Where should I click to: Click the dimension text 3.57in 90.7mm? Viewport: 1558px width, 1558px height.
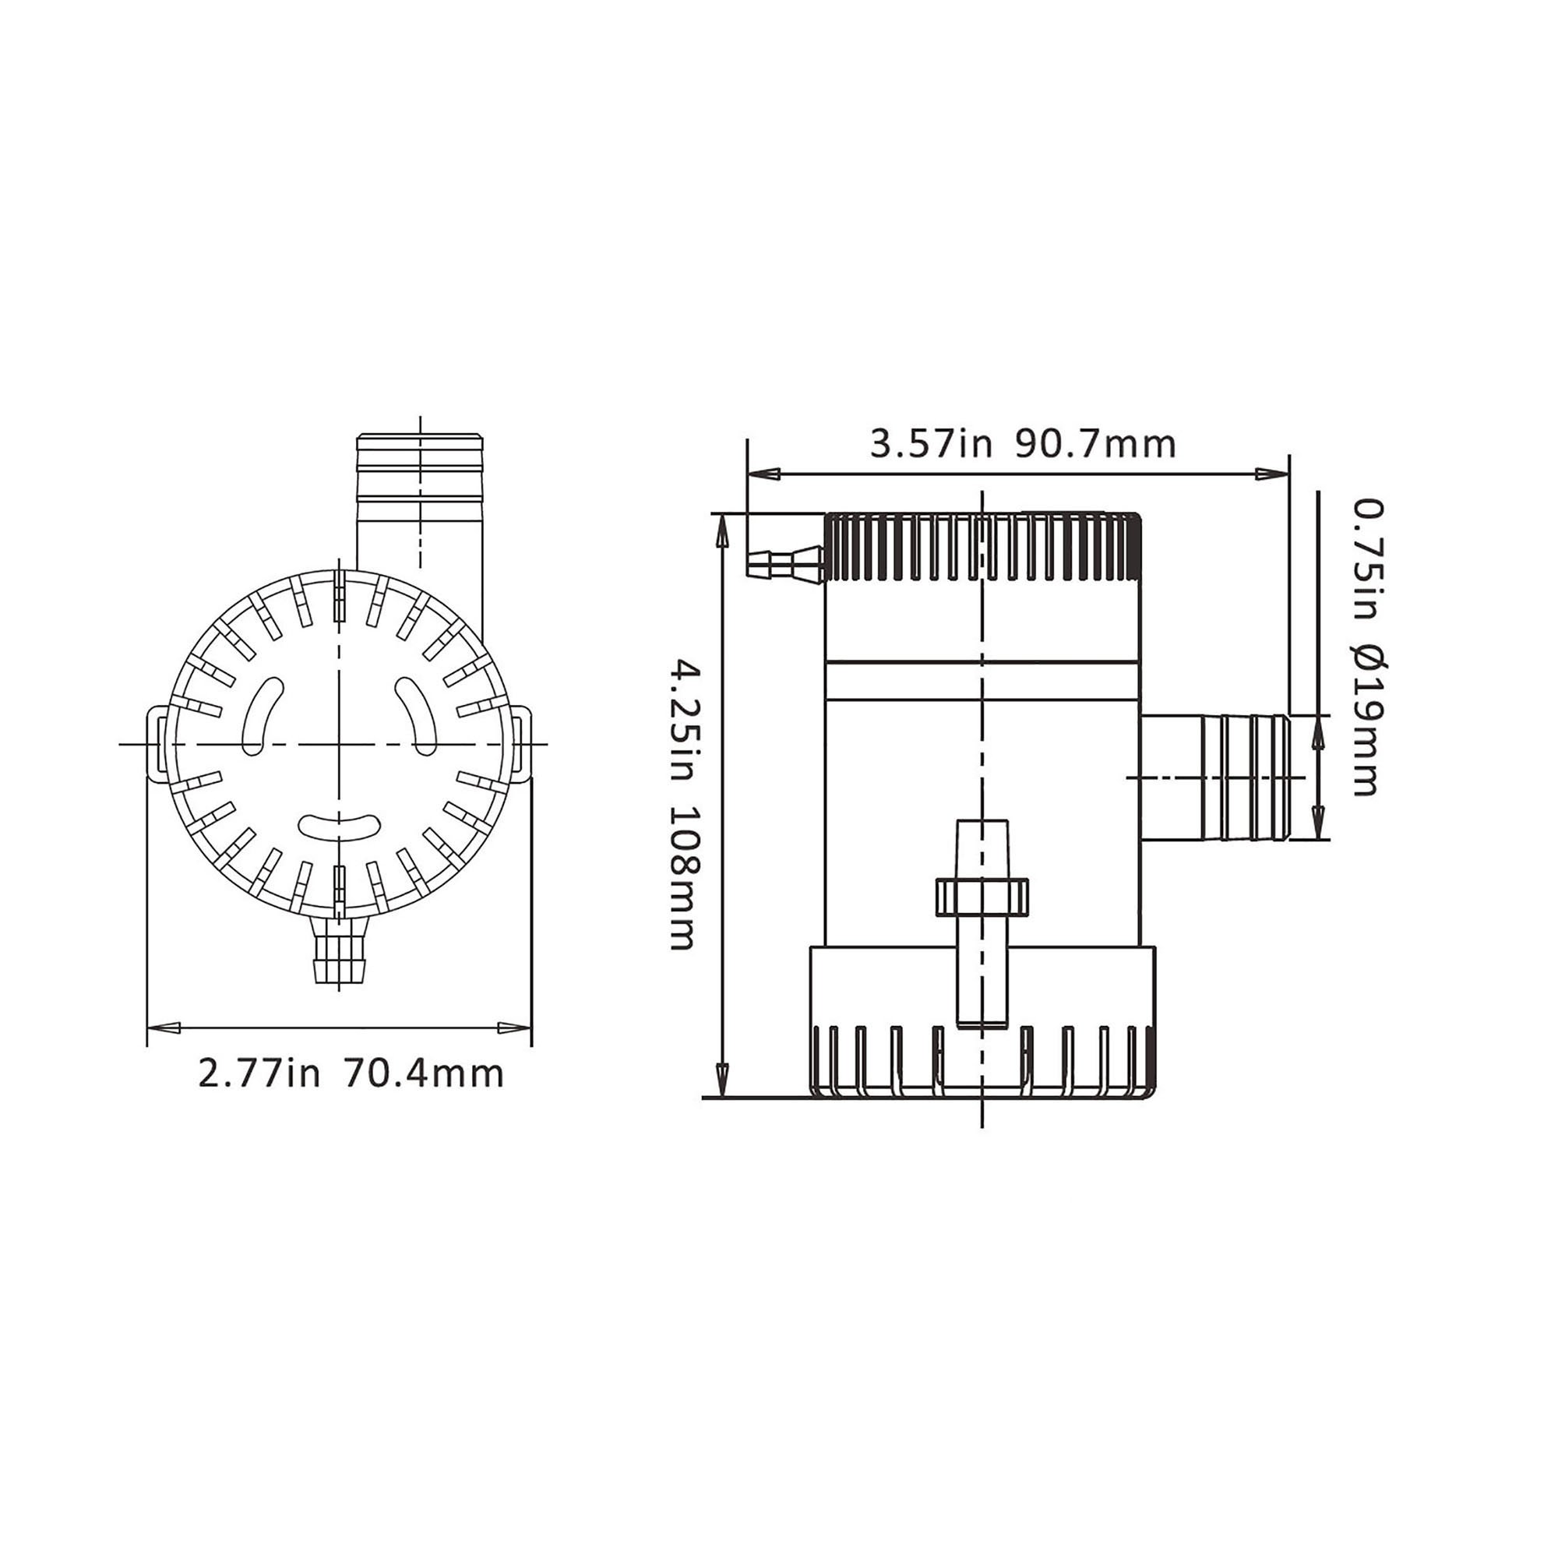(1023, 444)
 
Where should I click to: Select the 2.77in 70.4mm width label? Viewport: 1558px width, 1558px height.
(351, 1075)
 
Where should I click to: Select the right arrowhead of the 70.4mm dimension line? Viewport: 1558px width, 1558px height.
(513, 1028)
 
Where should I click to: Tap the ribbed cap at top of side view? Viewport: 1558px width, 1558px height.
(982, 548)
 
